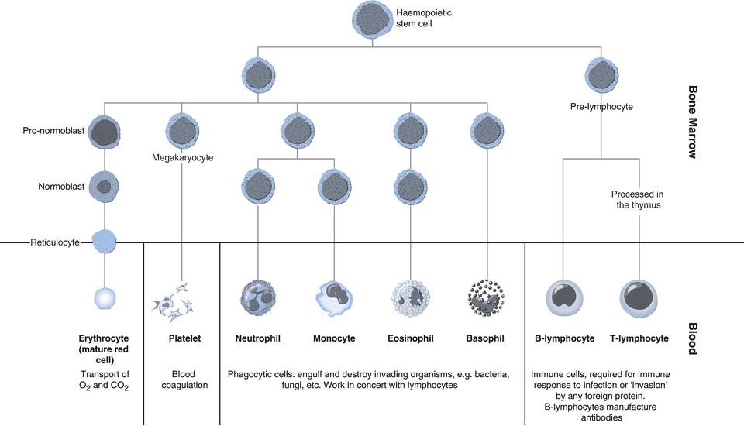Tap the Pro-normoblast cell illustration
103,132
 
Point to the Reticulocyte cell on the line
103,242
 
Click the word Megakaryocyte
181,158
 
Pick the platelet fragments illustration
180,301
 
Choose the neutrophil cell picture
259,298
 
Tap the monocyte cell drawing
335,298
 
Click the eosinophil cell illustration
411,298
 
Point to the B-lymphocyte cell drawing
563,298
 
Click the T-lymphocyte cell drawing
639,298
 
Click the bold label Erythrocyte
103,338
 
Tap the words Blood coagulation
181,380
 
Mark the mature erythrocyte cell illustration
104,298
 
